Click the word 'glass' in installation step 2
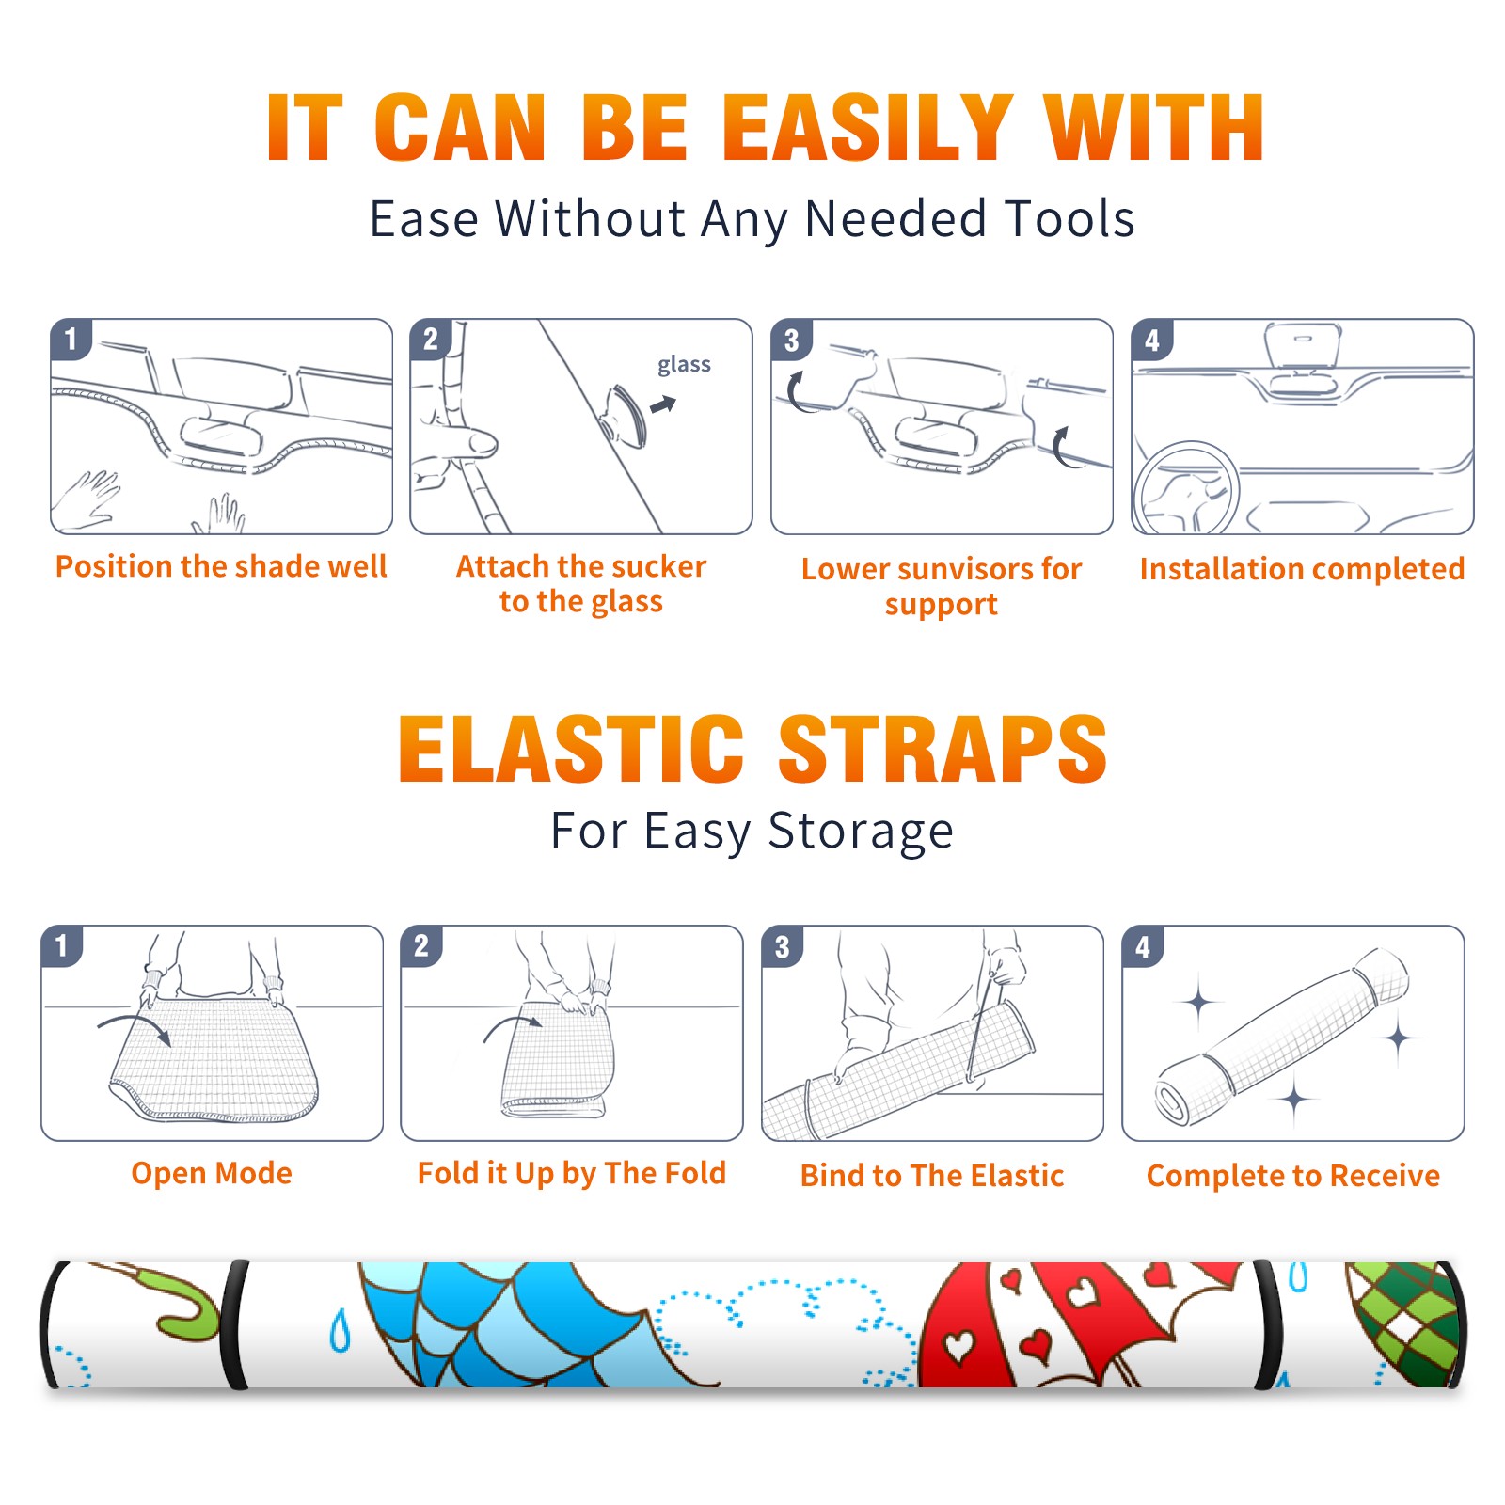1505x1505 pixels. [x=684, y=365]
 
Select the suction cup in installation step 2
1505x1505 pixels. [x=624, y=414]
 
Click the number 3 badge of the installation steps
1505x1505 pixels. [x=792, y=340]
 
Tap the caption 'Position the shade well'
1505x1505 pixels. [x=221, y=566]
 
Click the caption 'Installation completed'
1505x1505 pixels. [x=1302, y=568]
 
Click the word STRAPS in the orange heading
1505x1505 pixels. [x=943, y=749]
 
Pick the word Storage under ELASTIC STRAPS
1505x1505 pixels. [x=861, y=832]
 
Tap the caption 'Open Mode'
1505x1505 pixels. [x=212, y=1173]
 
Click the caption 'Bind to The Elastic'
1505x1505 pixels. [x=932, y=1176]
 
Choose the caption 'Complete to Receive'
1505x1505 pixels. [x=1293, y=1176]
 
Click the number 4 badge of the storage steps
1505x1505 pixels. [x=1143, y=946]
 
